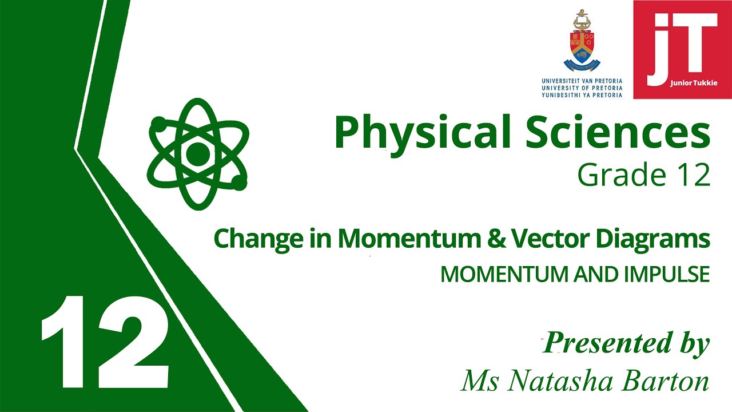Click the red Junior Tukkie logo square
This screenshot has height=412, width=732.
[682, 49]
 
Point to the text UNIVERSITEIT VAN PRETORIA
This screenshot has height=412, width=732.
[582, 81]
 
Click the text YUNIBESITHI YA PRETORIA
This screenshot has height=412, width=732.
[582, 95]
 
